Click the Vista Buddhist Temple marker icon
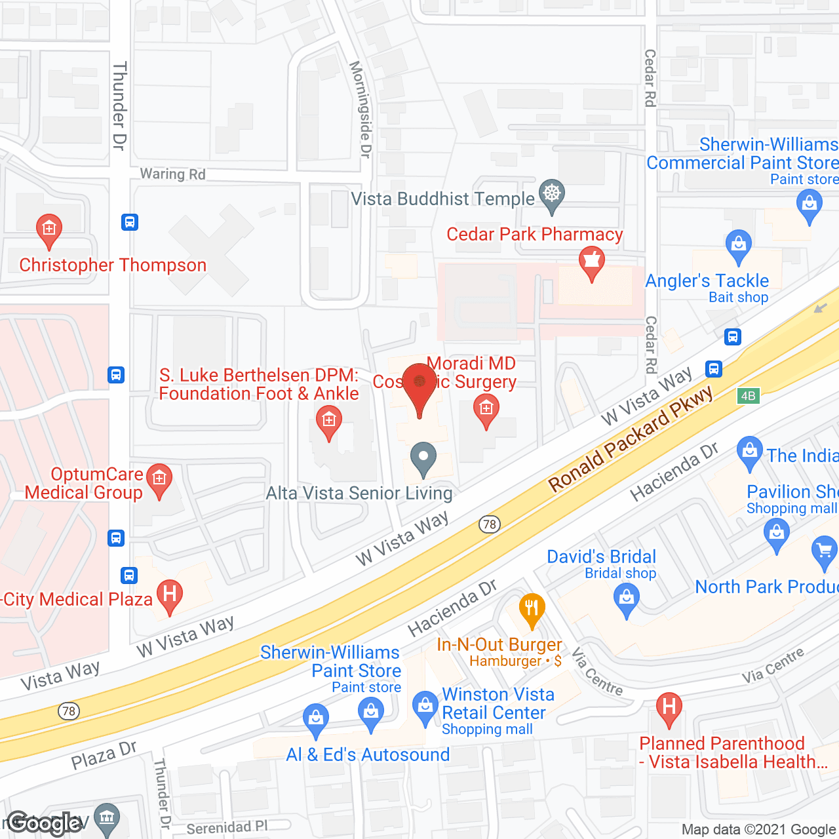[552, 195]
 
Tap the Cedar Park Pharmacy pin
[591, 262]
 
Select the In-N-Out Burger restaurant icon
[532, 610]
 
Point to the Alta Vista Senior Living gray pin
[423, 458]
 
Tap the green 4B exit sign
[748, 395]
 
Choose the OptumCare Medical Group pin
[159, 479]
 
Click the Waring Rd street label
[172, 174]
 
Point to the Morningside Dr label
[361, 109]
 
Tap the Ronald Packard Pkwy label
[630, 439]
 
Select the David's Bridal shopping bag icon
[627, 599]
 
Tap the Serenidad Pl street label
[227, 828]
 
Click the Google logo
[44, 823]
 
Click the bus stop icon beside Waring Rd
[130, 222]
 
